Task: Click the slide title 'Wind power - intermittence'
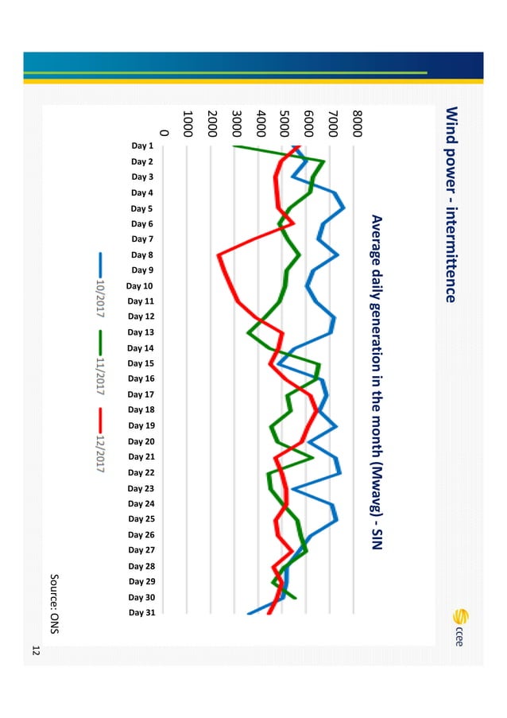(450, 205)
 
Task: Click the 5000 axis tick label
(284, 126)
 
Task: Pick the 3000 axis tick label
(236, 126)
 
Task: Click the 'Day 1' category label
(142, 146)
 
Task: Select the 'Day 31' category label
(141, 613)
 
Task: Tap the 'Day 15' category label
(141, 363)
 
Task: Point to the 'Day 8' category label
(142, 255)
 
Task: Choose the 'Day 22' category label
(141, 472)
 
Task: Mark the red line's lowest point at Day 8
(219, 255)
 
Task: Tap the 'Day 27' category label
(141, 550)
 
